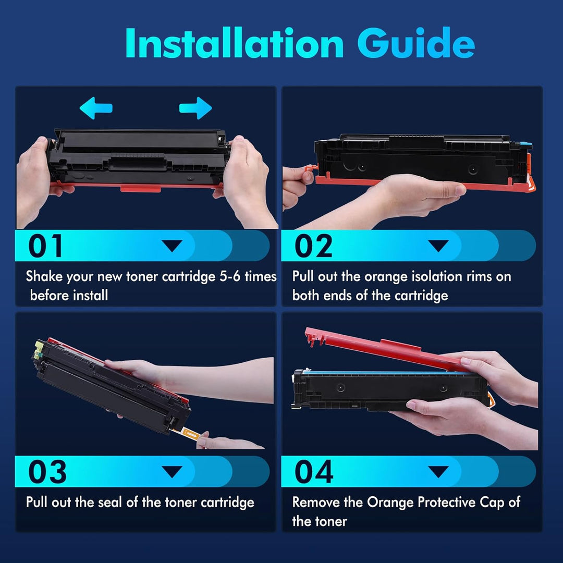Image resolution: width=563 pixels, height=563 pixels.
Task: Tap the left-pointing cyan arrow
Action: click(96, 108)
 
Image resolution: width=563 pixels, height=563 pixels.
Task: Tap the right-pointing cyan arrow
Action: click(195, 108)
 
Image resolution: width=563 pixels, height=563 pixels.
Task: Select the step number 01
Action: click(45, 246)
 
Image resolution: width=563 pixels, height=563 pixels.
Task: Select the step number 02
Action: click(313, 246)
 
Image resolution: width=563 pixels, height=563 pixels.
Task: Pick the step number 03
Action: click(47, 471)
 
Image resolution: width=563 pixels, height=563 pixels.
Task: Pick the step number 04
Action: click(314, 471)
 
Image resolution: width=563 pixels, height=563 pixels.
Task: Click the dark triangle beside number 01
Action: click(173, 246)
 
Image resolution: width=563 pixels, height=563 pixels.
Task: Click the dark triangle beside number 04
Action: click(438, 471)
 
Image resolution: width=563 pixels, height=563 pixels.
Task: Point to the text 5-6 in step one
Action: click(230, 276)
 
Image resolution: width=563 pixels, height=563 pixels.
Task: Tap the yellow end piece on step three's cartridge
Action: click(39, 349)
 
